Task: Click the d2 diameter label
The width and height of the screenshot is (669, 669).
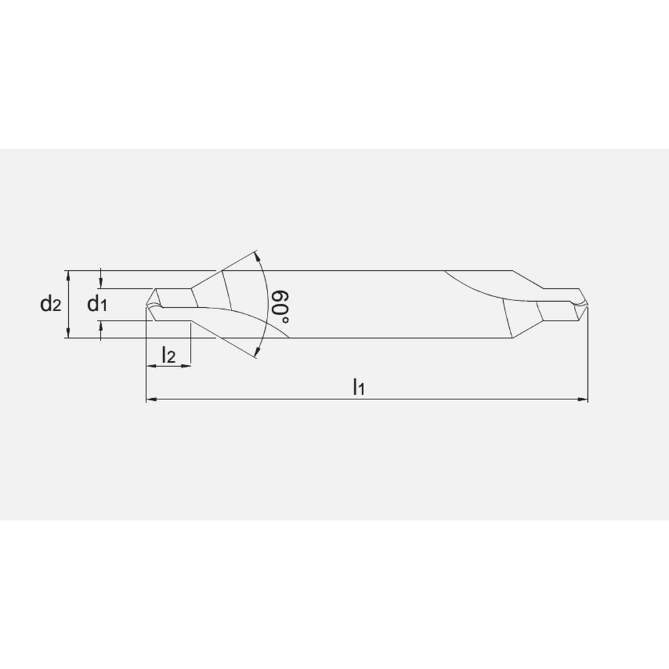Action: pos(50,304)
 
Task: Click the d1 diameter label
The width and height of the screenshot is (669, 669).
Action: pos(97,304)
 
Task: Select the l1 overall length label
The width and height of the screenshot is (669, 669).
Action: pos(359,386)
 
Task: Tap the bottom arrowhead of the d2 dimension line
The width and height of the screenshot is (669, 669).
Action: pos(68,334)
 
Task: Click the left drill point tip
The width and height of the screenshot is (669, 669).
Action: pos(147,306)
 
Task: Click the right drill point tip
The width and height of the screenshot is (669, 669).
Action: pos(587,304)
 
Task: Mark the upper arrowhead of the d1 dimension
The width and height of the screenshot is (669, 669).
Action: pos(100,286)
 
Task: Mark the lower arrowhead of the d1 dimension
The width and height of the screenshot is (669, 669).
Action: pos(100,324)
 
